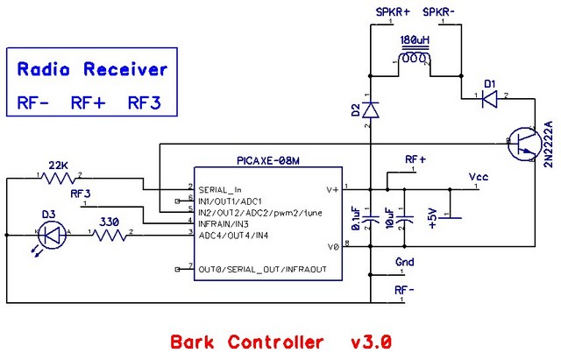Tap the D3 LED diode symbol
tap(52, 234)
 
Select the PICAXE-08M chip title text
tap(267, 161)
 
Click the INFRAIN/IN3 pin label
tap(231, 223)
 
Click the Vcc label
tap(478, 177)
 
